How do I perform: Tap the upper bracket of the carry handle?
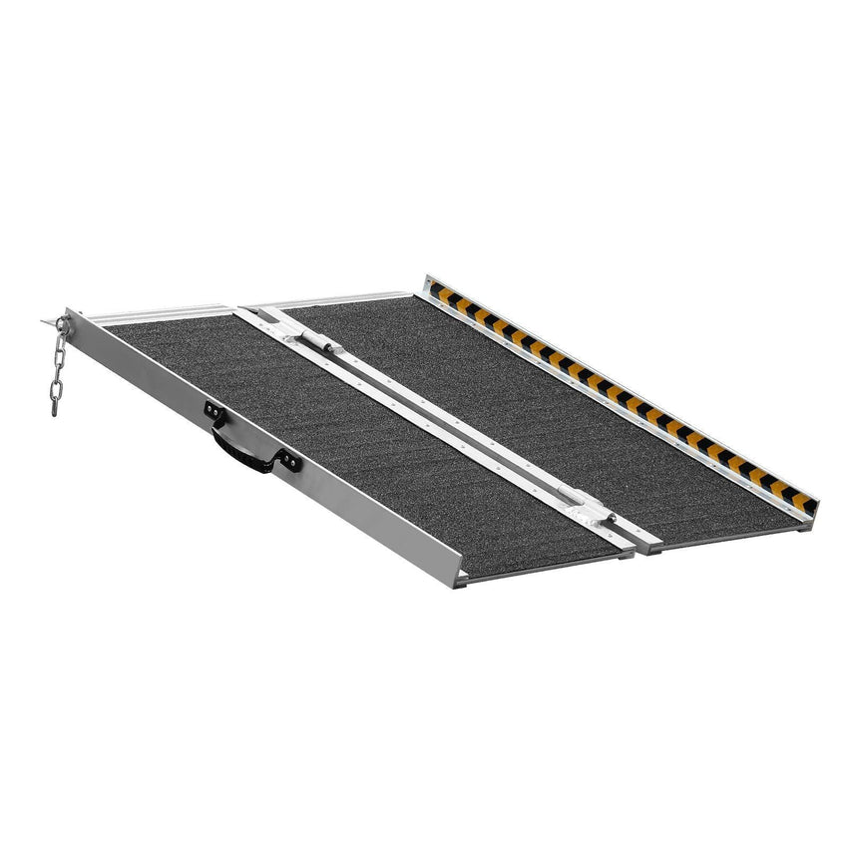click(212, 409)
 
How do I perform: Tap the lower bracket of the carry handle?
click(287, 459)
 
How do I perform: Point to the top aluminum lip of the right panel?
click(329, 298)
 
